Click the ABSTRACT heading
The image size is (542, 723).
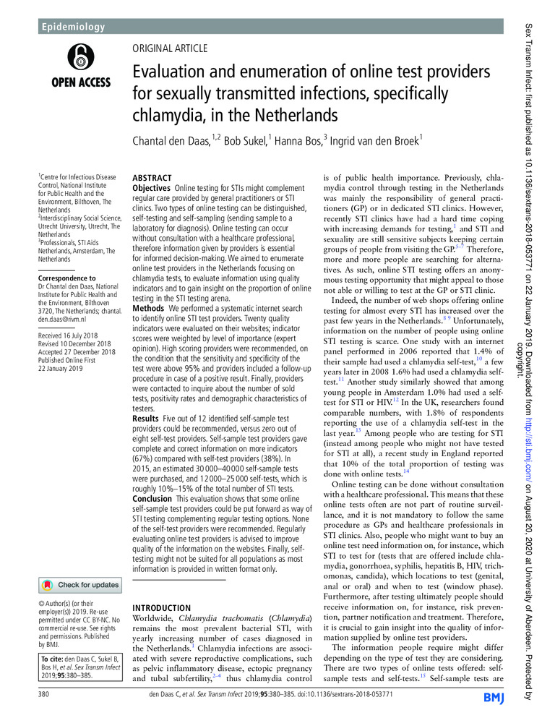pos(152,178)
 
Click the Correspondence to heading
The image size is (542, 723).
pos(67,278)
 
